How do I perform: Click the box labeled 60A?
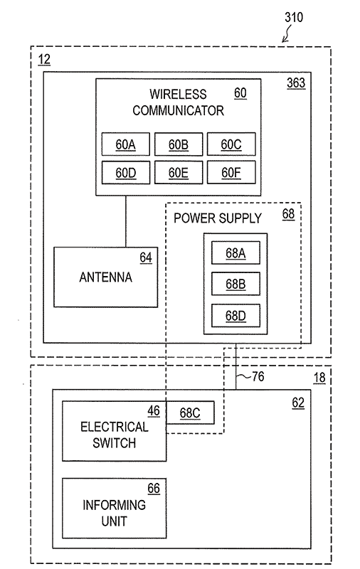pyautogui.click(x=125, y=144)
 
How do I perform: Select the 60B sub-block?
pyautogui.click(x=179, y=144)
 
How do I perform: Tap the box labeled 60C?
pyautogui.click(x=231, y=144)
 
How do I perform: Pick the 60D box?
pyautogui.click(x=125, y=172)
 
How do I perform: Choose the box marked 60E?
pyautogui.click(x=179, y=172)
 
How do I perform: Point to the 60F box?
pyautogui.click(x=231, y=172)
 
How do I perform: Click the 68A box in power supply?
pyautogui.click(x=235, y=252)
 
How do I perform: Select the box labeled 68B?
pyautogui.click(x=235, y=284)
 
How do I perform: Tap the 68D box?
pyautogui.click(x=235, y=315)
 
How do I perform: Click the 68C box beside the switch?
pyautogui.click(x=190, y=413)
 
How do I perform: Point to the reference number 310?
pyautogui.click(x=294, y=17)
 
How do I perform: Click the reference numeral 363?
pyautogui.click(x=296, y=83)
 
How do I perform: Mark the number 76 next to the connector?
pyautogui.click(x=258, y=376)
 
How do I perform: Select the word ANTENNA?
pyautogui.click(x=105, y=277)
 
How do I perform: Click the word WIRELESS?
pyautogui.click(x=178, y=95)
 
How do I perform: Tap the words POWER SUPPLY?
pyautogui.click(x=218, y=218)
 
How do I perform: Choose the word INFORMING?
pyautogui.click(x=115, y=505)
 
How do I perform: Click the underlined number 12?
pyautogui.click(x=44, y=60)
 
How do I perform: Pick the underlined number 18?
pyautogui.click(x=319, y=378)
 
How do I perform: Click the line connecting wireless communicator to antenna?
pyautogui.click(x=126, y=221)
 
